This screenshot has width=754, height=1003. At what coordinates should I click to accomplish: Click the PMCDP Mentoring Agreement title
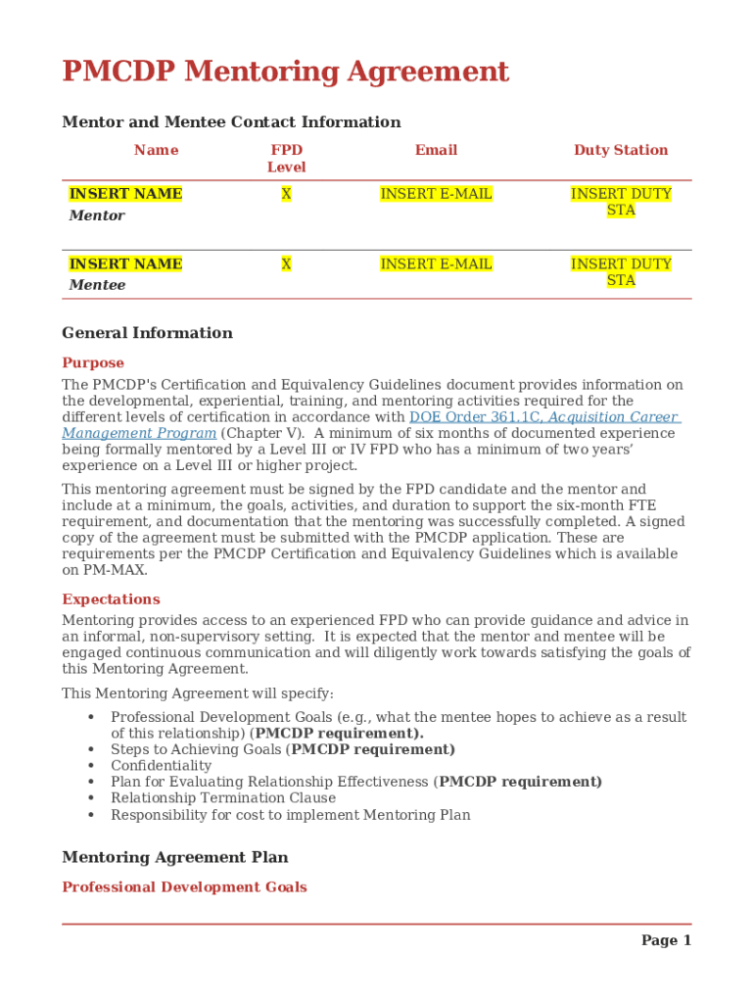click(x=285, y=72)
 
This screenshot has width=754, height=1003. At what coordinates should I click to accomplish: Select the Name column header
click(x=157, y=150)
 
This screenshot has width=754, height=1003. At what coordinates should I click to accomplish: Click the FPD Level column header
click(x=286, y=159)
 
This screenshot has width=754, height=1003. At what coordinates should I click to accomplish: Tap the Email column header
click(x=436, y=150)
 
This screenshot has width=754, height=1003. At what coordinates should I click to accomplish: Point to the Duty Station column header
click(x=621, y=150)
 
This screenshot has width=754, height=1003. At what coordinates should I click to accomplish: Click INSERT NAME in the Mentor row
click(x=125, y=194)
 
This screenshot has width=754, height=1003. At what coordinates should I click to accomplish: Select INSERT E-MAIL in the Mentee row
click(x=436, y=264)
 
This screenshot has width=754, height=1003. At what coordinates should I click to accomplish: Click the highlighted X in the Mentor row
click(x=286, y=194)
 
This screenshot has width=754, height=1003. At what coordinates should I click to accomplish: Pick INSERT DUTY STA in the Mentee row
click(x=621, y=272)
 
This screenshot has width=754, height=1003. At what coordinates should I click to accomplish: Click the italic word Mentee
click(x=97, y=285)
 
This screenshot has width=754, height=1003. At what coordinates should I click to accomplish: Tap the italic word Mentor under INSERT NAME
click(x=97, y=215)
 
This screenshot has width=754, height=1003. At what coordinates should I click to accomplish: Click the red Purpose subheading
click(x=93, y=362)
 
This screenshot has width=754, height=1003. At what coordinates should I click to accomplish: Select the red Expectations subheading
click(x=111, y=599)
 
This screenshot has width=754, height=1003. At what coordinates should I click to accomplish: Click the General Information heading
click(x=147, y=333)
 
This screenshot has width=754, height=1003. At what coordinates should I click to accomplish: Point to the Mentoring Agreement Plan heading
click(x=174, y=857)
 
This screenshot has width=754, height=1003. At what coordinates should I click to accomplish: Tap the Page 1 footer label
click(x=666, y=940)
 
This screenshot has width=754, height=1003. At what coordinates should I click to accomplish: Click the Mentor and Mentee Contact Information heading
click(x=231, y=122)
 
